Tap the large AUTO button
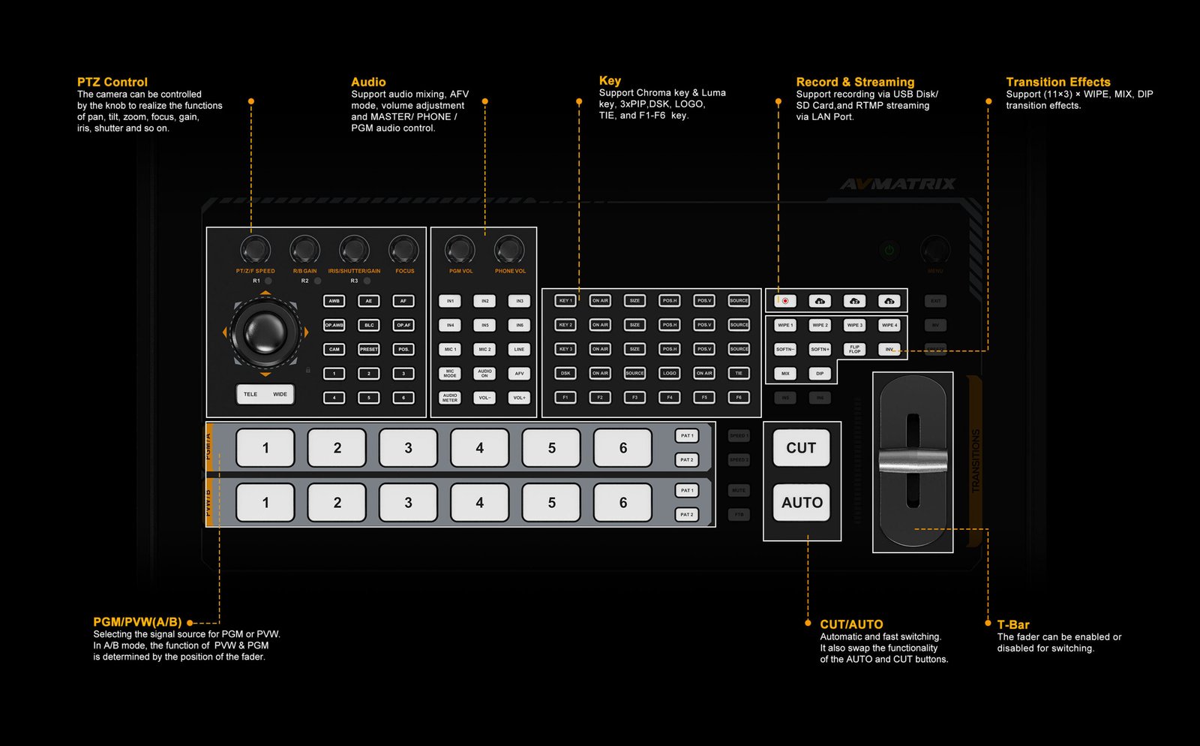click(x=802, y=503)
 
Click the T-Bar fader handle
click(x=913, y=462)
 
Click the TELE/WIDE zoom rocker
click(x=265, y=394)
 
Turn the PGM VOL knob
click(x=460, y=249)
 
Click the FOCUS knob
click(x=403, y=249)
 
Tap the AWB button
click(x=334, y=301)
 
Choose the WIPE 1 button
click(x=784, y=325)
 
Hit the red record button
click(x=785, y=301)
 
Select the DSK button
click(x=565, y=373)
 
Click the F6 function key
click(x=739, y=397)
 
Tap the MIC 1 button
click(x=450, y=349)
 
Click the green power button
click(x=889, y=250)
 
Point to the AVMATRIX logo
click(x=898, y=184)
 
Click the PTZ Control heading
click(x=112, y=82)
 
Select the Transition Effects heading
click(x=1057, y=82)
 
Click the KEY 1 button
click(x=565, y=301)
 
